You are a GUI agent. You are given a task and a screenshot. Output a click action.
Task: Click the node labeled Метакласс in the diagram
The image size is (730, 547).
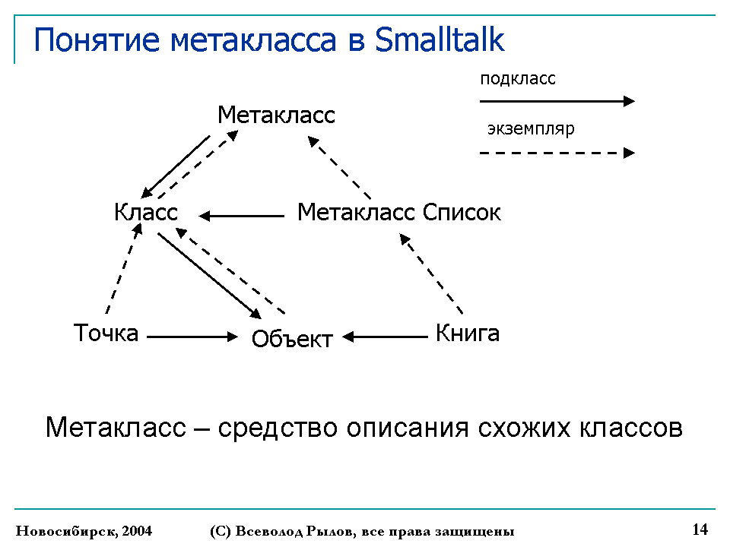(276, 115)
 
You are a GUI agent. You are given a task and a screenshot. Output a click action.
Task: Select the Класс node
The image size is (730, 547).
(146, 212)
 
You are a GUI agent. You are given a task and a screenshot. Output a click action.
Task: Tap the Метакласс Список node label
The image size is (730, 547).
(399, 212)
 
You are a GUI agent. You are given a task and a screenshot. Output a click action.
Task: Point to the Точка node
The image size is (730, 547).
(106, 333)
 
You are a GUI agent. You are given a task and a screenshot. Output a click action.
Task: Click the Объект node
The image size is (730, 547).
(292, 339)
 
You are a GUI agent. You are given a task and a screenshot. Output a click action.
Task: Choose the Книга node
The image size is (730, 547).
(468, 333)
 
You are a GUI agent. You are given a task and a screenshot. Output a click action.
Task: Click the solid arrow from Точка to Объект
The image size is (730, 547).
(192, 337)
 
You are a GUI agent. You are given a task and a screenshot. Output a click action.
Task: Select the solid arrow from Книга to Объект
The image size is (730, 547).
(385, 337)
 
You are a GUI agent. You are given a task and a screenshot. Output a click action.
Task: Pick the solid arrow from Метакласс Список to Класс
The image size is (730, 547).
(241, 216)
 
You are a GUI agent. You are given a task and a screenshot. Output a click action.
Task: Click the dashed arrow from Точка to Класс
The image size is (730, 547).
(124, 268)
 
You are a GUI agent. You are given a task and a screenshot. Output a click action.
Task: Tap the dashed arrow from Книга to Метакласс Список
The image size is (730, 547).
(431, 273)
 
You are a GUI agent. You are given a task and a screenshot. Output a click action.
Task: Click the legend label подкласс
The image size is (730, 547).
(518, 78)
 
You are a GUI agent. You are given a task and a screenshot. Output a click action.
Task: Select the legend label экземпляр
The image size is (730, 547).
(531, 129)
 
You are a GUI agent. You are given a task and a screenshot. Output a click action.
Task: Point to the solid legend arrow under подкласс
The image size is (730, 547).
(557, 101)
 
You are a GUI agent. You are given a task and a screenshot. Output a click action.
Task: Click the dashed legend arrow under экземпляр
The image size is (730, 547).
(557, 153)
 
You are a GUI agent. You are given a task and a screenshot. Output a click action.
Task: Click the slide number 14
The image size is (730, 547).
(700, 530)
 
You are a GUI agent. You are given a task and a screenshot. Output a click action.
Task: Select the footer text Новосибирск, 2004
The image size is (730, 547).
(84, 531)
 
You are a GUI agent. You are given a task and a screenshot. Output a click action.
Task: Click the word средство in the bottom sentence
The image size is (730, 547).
(278, 428)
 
